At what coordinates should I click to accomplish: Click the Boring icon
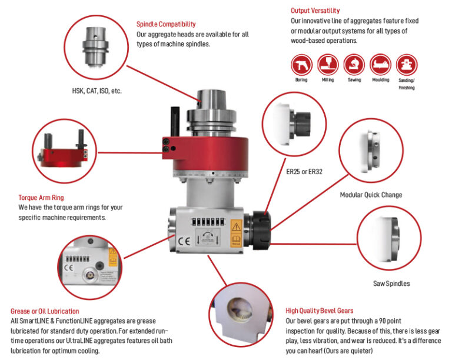tap(301, 64)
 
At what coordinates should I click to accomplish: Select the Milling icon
tap(327, 64)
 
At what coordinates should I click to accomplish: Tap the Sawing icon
tap(353, 64)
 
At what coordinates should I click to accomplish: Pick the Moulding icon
tap(380, 64)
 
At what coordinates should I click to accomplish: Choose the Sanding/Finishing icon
tap(406, 64)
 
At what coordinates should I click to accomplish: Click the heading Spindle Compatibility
tap(166, 24)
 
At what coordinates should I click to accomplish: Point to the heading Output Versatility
tap(315, 11)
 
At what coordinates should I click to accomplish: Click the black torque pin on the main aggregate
tap(174, 123)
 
